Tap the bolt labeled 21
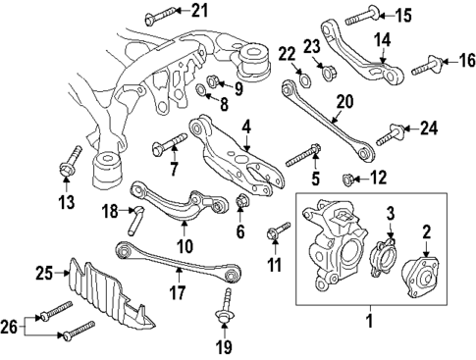(x=159, y=15)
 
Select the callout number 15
(x=403, y=15)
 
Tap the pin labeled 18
(x=138, y=216)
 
